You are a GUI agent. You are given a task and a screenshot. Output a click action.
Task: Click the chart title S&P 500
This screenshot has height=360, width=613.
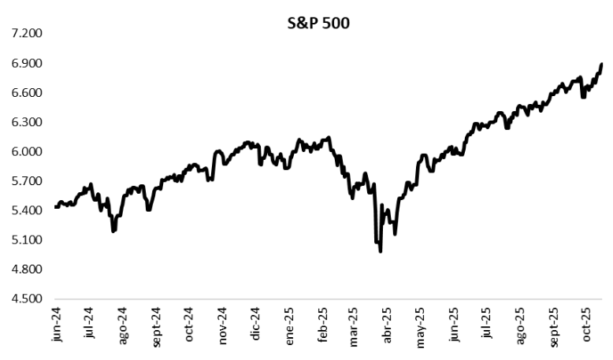coord(318,23)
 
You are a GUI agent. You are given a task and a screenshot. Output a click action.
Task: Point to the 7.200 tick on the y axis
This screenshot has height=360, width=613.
coord(24,34)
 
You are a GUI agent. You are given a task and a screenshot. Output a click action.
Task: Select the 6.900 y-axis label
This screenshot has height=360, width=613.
coord(24,63)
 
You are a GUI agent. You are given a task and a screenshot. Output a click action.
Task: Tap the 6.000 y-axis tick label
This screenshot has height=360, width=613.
coord(24,152)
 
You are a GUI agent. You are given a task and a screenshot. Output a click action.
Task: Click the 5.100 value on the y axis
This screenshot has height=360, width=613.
coord(24,240)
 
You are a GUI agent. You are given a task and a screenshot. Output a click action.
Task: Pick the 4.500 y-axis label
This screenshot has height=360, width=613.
coord(24,299)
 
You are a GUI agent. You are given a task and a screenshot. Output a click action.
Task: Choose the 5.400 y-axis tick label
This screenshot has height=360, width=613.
coord(24,211)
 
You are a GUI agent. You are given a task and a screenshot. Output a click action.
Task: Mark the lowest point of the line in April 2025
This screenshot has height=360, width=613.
coord(381,251)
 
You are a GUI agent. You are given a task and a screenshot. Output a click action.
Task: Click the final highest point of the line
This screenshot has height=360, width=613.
coord(602,64)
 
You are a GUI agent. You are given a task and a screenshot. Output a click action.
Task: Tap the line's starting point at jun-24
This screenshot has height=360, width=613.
coord(55,207)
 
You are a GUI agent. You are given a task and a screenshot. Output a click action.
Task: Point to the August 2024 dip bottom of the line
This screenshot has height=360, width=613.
coord(114,232)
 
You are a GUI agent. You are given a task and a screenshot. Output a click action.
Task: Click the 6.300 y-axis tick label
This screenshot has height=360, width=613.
coord(24,122)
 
